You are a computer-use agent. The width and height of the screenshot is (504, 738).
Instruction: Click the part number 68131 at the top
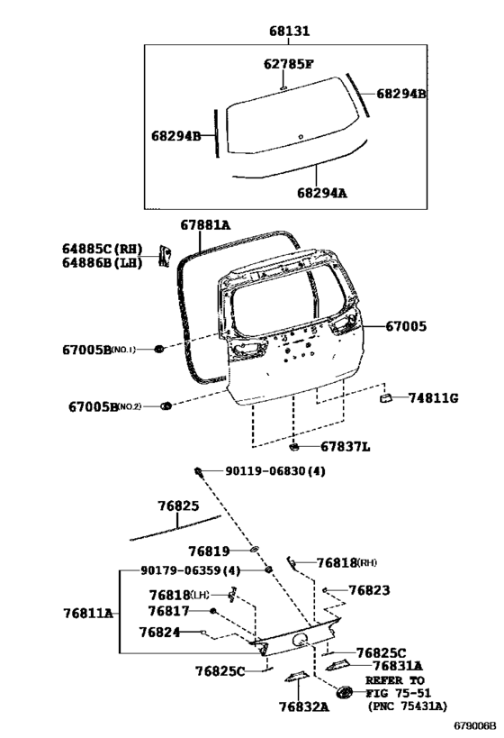(290, 31)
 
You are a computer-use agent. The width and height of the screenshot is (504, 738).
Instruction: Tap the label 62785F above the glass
(288, 64)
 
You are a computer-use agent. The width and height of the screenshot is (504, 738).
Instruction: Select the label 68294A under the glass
(322, 193)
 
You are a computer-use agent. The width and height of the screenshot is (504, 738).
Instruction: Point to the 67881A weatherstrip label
(205, 225)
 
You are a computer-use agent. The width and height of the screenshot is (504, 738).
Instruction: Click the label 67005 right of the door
(406, 326)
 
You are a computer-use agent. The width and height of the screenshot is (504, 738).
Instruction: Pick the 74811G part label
(433, 398)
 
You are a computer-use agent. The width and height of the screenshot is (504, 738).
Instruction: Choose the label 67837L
(345, 446)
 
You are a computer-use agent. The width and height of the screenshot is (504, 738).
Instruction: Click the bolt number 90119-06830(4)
(275, 470)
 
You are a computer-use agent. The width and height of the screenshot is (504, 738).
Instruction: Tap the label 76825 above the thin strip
(178, 506)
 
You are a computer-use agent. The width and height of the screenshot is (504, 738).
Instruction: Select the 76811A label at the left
(88, 614)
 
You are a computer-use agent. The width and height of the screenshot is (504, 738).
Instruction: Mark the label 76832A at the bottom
(303, 706)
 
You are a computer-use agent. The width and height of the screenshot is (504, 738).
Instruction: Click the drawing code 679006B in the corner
(475, 725)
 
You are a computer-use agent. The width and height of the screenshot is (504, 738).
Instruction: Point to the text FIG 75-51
(398, 693)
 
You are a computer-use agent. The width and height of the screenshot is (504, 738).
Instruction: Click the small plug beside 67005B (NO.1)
(159, 349)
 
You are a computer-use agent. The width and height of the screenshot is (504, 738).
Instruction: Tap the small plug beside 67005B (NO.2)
(166, 405)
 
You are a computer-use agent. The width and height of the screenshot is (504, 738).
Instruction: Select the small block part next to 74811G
(386, 398)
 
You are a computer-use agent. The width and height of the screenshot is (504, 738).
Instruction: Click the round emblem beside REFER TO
(345, 692)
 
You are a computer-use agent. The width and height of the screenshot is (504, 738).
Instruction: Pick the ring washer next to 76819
(255, 549)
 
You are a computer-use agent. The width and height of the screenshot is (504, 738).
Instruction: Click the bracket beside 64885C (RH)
(164, 256)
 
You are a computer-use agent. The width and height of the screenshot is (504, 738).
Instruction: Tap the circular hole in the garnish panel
(299, 640)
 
